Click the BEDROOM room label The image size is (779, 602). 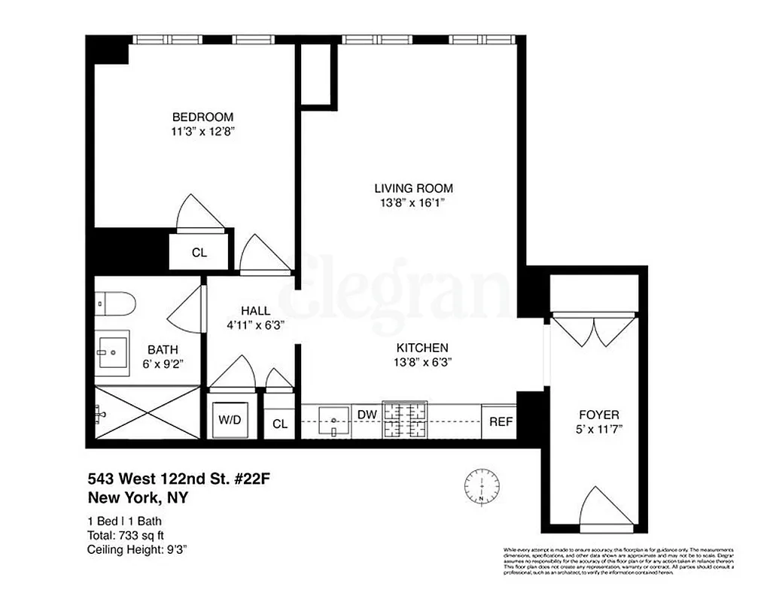(x=202, y=117)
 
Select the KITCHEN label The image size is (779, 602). (x=423, y=348)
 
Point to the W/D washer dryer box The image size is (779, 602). (x=230, y=420)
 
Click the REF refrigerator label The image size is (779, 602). (x=501, y=421)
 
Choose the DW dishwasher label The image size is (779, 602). (x=367, y=415)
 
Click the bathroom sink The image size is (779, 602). (x=113, y=348)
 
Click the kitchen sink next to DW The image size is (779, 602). (x=332, y=418)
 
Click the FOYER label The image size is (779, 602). (x=599, y=415)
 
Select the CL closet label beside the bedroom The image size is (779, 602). (x=199, y=253)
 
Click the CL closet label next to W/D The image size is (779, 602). (x=280, y=424)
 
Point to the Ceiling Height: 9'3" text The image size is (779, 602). (x=137, y=549)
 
